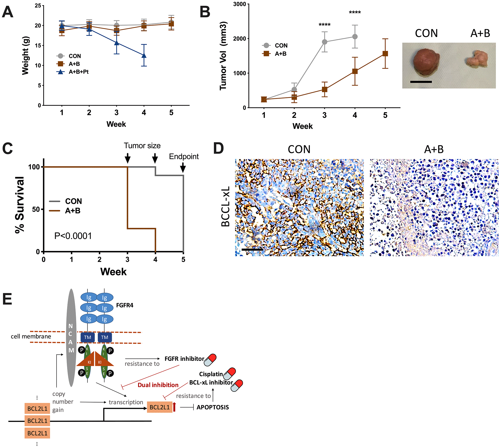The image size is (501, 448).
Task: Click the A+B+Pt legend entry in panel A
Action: (78, 72)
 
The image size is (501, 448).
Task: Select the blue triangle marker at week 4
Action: (144, 55)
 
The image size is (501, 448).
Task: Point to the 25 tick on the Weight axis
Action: (38, 6)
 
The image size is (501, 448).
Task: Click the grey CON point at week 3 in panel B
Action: (325, 42)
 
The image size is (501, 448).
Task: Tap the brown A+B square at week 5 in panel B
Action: (385, 53)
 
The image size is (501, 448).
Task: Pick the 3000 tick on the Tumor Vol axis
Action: (239, 4)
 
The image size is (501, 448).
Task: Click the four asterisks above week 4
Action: (355, 12)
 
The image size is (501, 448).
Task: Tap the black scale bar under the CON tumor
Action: (421, 82)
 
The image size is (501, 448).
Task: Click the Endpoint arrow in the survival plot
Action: (183, 168)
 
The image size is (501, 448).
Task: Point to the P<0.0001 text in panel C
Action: (73, 236)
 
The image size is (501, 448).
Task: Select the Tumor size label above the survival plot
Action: (142, 146)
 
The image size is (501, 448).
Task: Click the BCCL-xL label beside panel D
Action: (225, 207)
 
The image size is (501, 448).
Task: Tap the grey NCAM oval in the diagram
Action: (71, 337)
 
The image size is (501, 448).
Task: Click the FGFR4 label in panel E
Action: (124, 305)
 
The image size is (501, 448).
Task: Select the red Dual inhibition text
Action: (158, 385)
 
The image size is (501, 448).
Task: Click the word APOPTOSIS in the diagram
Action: (213, 407)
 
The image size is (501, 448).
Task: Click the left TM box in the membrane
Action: (87, 337)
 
